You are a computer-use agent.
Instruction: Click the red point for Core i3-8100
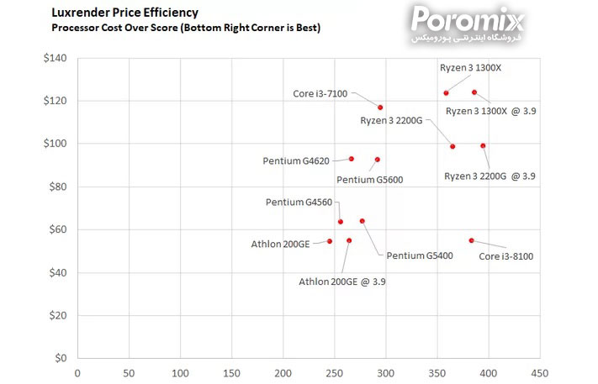click(471, 240)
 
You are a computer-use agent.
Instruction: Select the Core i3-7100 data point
click(380, 108)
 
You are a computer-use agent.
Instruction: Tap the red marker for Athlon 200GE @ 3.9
click(349, 240)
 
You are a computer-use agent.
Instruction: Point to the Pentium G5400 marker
click(363, 221)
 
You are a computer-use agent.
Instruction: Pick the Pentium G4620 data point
click(352, 159)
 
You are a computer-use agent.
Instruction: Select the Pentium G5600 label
click(369, 180)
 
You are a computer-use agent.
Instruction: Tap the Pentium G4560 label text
click(299, 203)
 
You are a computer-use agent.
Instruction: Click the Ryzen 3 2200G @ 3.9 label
click(490, 176)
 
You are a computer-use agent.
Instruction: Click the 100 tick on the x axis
click(180, 373)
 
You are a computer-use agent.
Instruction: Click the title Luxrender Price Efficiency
click(125, 13)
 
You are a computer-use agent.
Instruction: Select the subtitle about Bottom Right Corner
click(186, 28)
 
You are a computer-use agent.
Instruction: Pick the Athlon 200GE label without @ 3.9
click(280, 244)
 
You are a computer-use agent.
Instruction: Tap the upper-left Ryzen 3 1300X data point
click(446, 93)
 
